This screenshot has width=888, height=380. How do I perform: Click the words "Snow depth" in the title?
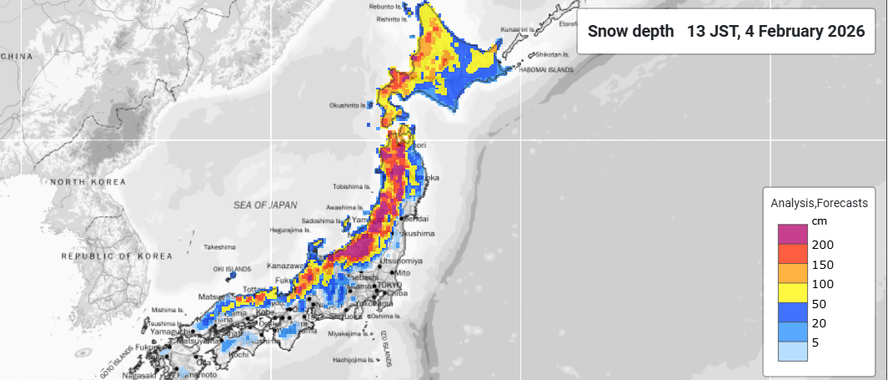(630, 32)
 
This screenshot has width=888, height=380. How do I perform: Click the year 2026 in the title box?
(845, 32)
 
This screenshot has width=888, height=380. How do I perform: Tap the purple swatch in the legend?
(792, 234)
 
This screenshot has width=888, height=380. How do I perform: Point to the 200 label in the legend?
(822, 245)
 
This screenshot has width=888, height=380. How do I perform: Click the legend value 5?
(815, 342)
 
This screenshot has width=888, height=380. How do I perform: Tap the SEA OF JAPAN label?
(265, 205)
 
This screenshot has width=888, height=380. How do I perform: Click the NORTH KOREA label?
(88, 182)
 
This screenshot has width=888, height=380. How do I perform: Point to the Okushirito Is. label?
(349, 105)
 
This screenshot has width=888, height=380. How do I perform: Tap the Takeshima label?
(219, 247)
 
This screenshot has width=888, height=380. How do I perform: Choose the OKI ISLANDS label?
(232, 269)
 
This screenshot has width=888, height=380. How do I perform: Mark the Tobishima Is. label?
(350, 186)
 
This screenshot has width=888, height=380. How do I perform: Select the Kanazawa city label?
(283, 266)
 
